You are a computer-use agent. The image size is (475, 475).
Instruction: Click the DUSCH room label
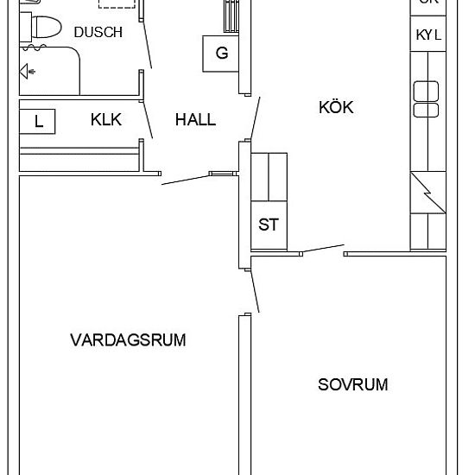point(98,32)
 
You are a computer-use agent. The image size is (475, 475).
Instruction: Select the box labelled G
point(222,54)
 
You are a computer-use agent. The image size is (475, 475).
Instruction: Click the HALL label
point(195,120)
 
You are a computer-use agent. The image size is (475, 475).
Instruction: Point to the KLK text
point(106,120)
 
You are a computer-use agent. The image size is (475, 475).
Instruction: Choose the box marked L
point(39,122)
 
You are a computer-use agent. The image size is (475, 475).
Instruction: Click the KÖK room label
point(337,107)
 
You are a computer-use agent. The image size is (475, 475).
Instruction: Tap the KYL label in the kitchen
point(428,35)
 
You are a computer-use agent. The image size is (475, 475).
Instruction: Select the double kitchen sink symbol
point(427,98)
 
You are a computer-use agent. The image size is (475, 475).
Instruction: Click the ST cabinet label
point(269,225)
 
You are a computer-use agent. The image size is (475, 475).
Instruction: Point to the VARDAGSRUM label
point(128,339)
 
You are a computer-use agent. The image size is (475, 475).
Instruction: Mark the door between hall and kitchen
point(253,117)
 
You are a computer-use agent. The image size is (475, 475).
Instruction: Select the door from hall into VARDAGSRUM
point(186,179)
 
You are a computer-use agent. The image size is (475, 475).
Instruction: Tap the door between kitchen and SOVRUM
point(321,250)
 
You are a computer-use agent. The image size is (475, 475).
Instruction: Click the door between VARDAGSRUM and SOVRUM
point(254,290)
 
